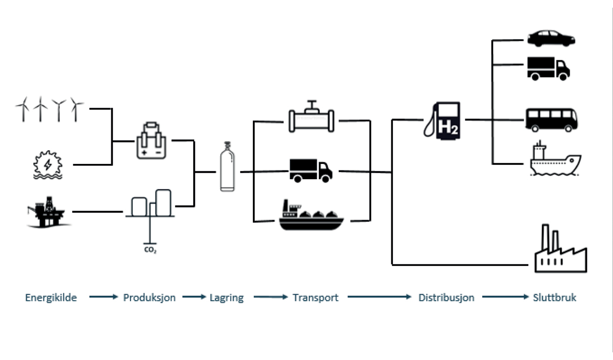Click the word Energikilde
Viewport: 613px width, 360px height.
pos(51,297)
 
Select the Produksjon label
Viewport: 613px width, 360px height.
pos(149,297)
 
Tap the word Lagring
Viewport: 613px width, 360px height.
pos(227,297)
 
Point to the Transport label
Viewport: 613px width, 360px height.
pos(315,297)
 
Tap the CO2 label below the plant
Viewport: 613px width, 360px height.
pos(150,251)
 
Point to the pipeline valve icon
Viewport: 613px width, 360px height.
pos(311,118)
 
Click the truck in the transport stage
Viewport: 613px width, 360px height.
pos(311,170)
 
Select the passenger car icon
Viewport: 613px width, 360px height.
pos(551,38)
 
